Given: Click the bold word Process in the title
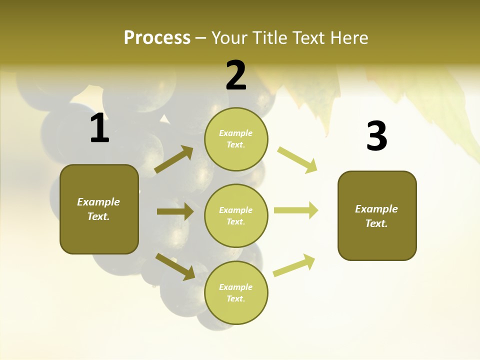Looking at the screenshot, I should [x=157, y=38].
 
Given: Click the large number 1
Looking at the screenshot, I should [x=99, y=128].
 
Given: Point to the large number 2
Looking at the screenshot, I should [x=236, y=75].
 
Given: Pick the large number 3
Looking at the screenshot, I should [x=376, y=136].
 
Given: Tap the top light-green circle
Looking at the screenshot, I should [x=236, y=139].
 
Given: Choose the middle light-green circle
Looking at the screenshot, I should [x=236, y=216].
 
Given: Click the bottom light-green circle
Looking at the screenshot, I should [x=236, y=293].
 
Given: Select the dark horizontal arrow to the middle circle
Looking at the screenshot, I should [x=175, y=211].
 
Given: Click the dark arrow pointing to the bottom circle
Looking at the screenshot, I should [x=175, y=266].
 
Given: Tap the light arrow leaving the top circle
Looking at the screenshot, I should [x=297, y=159].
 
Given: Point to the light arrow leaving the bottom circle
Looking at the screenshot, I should [x=294, y=265].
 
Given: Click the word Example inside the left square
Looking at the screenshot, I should [x=98, y=202].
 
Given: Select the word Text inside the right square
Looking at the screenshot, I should [x=376, y=223].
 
